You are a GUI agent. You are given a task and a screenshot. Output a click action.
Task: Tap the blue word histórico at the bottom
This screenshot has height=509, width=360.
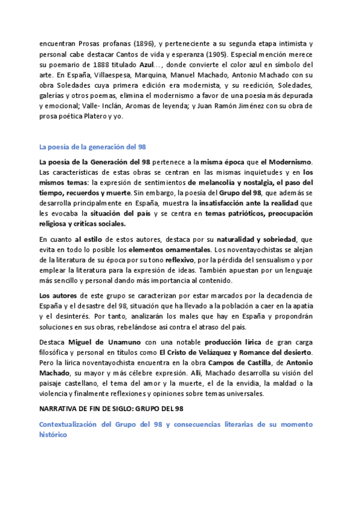point(55,435)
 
